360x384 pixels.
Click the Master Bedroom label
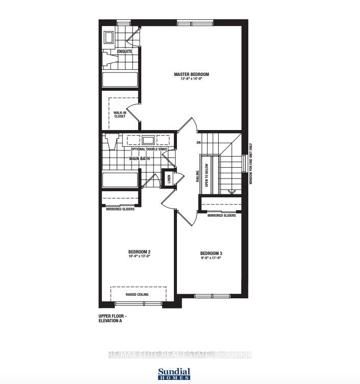[191, 74]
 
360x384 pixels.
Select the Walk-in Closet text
[120, 114]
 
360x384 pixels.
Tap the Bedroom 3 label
[211, 253]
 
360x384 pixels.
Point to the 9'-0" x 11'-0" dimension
[211, 259]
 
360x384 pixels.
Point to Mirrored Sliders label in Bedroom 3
[221, 216]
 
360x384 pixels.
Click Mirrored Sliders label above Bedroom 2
[120, 209]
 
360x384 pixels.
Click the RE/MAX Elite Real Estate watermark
[180, 354]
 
